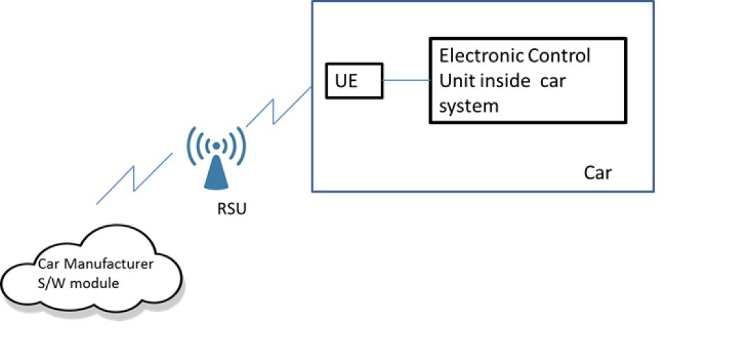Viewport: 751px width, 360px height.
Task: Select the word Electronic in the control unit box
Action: pyautogui.click(x=481, y=56)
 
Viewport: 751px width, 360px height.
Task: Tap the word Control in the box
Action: pyautogui.click(x=559, y=56)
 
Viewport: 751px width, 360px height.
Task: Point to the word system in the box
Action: pyautogui.click(x=469, y=106)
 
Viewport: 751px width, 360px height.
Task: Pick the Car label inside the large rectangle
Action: pyautogui.click(x=597, y=173)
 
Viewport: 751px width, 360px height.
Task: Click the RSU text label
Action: pyautogui.click(x=232, y=209)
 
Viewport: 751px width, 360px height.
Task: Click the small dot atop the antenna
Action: pyautogui.click(x=216, y=145)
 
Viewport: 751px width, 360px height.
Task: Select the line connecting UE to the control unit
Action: pyautogui.click(x=406, y=80)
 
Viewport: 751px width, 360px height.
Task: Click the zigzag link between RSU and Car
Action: pyautogui.click(x=278, y=107)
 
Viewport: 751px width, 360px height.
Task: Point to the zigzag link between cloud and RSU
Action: pyautogui.click(x=134, y=179)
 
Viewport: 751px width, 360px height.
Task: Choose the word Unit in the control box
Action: pyautogui.click(x=456, y=81)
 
